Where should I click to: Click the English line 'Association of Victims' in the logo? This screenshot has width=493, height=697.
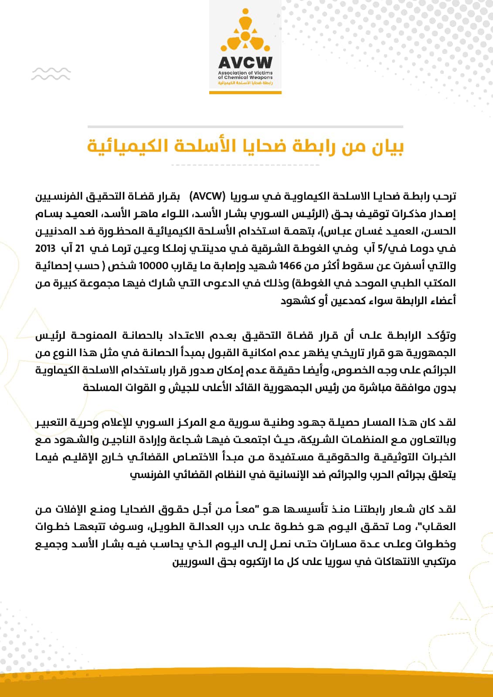[x=245, y=73]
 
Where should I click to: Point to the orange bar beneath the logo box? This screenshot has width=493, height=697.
[x=245, y=92]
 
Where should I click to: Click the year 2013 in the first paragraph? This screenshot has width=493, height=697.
[x=45, y=248]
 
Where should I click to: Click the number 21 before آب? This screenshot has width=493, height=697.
[x=79, y=248]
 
